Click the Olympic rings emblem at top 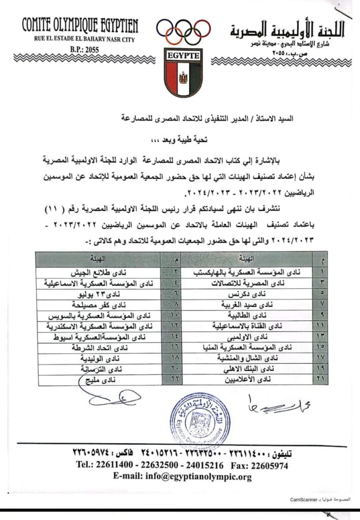click(183, 31)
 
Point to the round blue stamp click(198, 415)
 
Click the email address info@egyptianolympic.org click(183, 477)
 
